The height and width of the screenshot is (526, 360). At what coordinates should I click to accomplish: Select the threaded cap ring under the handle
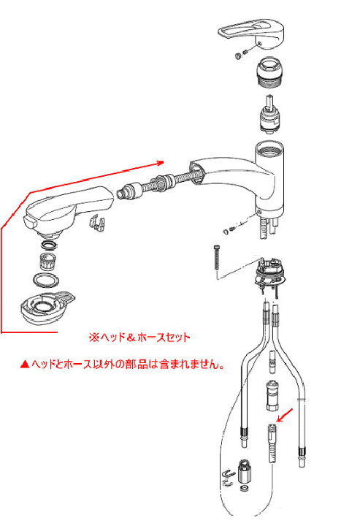[270, 72]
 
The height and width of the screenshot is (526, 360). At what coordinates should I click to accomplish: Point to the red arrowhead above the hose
[159, 163]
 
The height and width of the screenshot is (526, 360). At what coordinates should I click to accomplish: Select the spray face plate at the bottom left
[47, 308]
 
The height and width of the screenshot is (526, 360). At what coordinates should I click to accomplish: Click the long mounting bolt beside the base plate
[216, 257]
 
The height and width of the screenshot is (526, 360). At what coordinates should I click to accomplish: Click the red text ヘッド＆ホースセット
[139, 337]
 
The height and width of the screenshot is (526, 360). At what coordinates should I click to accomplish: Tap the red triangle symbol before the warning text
[25, 364]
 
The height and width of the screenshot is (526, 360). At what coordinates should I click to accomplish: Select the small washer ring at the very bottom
[245, 487]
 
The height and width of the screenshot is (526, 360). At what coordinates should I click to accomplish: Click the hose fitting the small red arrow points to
[272, 443]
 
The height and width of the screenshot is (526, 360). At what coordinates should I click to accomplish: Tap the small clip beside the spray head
[97, 223]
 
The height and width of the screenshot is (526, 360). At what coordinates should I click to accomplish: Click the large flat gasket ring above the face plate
[47, 279]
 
